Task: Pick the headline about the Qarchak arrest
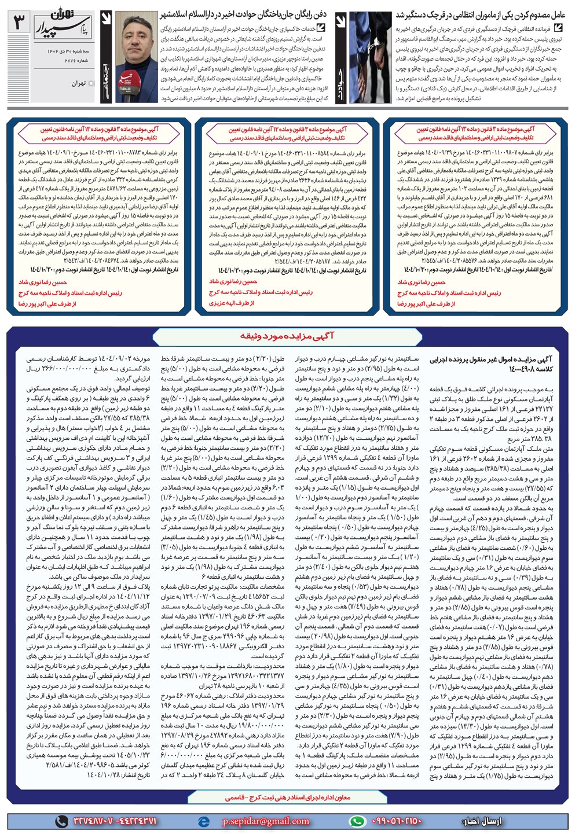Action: click(480, 13)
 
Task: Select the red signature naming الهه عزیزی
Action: click(231, 303)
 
